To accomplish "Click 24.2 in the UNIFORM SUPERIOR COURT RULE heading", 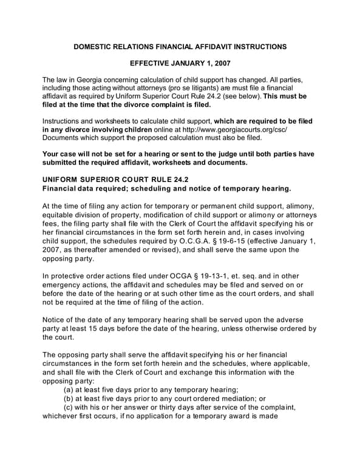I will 180,179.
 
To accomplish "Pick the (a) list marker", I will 70,389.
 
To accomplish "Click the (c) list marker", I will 70,407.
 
